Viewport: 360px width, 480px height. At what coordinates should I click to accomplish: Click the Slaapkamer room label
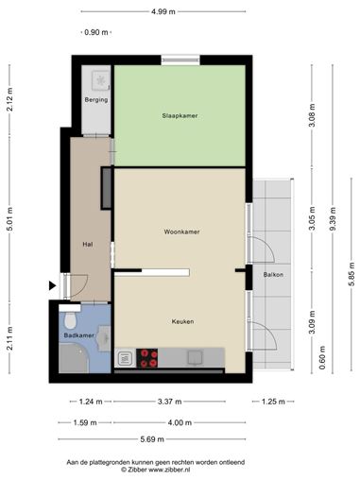click(x=180, y=115)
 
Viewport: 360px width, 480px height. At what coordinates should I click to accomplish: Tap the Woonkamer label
click(x=181, y=231)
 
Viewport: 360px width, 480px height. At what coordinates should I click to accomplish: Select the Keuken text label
click(x=182, y=321)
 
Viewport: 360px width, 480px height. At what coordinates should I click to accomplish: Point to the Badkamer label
click(x=78, y=335)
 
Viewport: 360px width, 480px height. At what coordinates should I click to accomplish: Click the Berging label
click(x=96, y=100)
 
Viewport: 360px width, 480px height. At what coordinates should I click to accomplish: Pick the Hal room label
click(x=88, y=244)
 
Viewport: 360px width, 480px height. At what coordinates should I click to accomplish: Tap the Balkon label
click(x=273, y=275)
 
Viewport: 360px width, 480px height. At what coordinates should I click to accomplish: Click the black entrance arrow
click(x=52, y=285)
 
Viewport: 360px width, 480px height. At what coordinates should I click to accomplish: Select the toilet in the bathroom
click(x=70, y=320)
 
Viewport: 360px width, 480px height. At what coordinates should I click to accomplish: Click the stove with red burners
click(x=147, y=358)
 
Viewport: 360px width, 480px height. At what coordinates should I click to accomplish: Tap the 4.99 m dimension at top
click(x=163, y=11)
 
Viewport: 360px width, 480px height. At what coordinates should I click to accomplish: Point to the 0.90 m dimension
click(x=96, y=32)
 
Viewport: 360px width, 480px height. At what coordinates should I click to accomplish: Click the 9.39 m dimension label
click(x=333, y=219)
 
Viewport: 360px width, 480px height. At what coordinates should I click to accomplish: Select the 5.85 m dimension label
click(x=351, y=274)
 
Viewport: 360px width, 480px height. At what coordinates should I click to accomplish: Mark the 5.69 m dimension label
click(x=152, y=439)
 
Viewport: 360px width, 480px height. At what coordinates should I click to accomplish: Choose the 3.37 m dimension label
click(x=169, y=402)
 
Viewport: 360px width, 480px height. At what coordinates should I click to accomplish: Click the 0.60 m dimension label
click(x=322, y=358)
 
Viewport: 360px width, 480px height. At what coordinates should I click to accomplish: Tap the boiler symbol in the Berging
click(x=101, y=80)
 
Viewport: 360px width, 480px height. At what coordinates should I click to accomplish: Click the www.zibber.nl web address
click(x=169, y=470)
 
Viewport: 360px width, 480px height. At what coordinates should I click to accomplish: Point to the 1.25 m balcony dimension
click(x=273, y=402)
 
